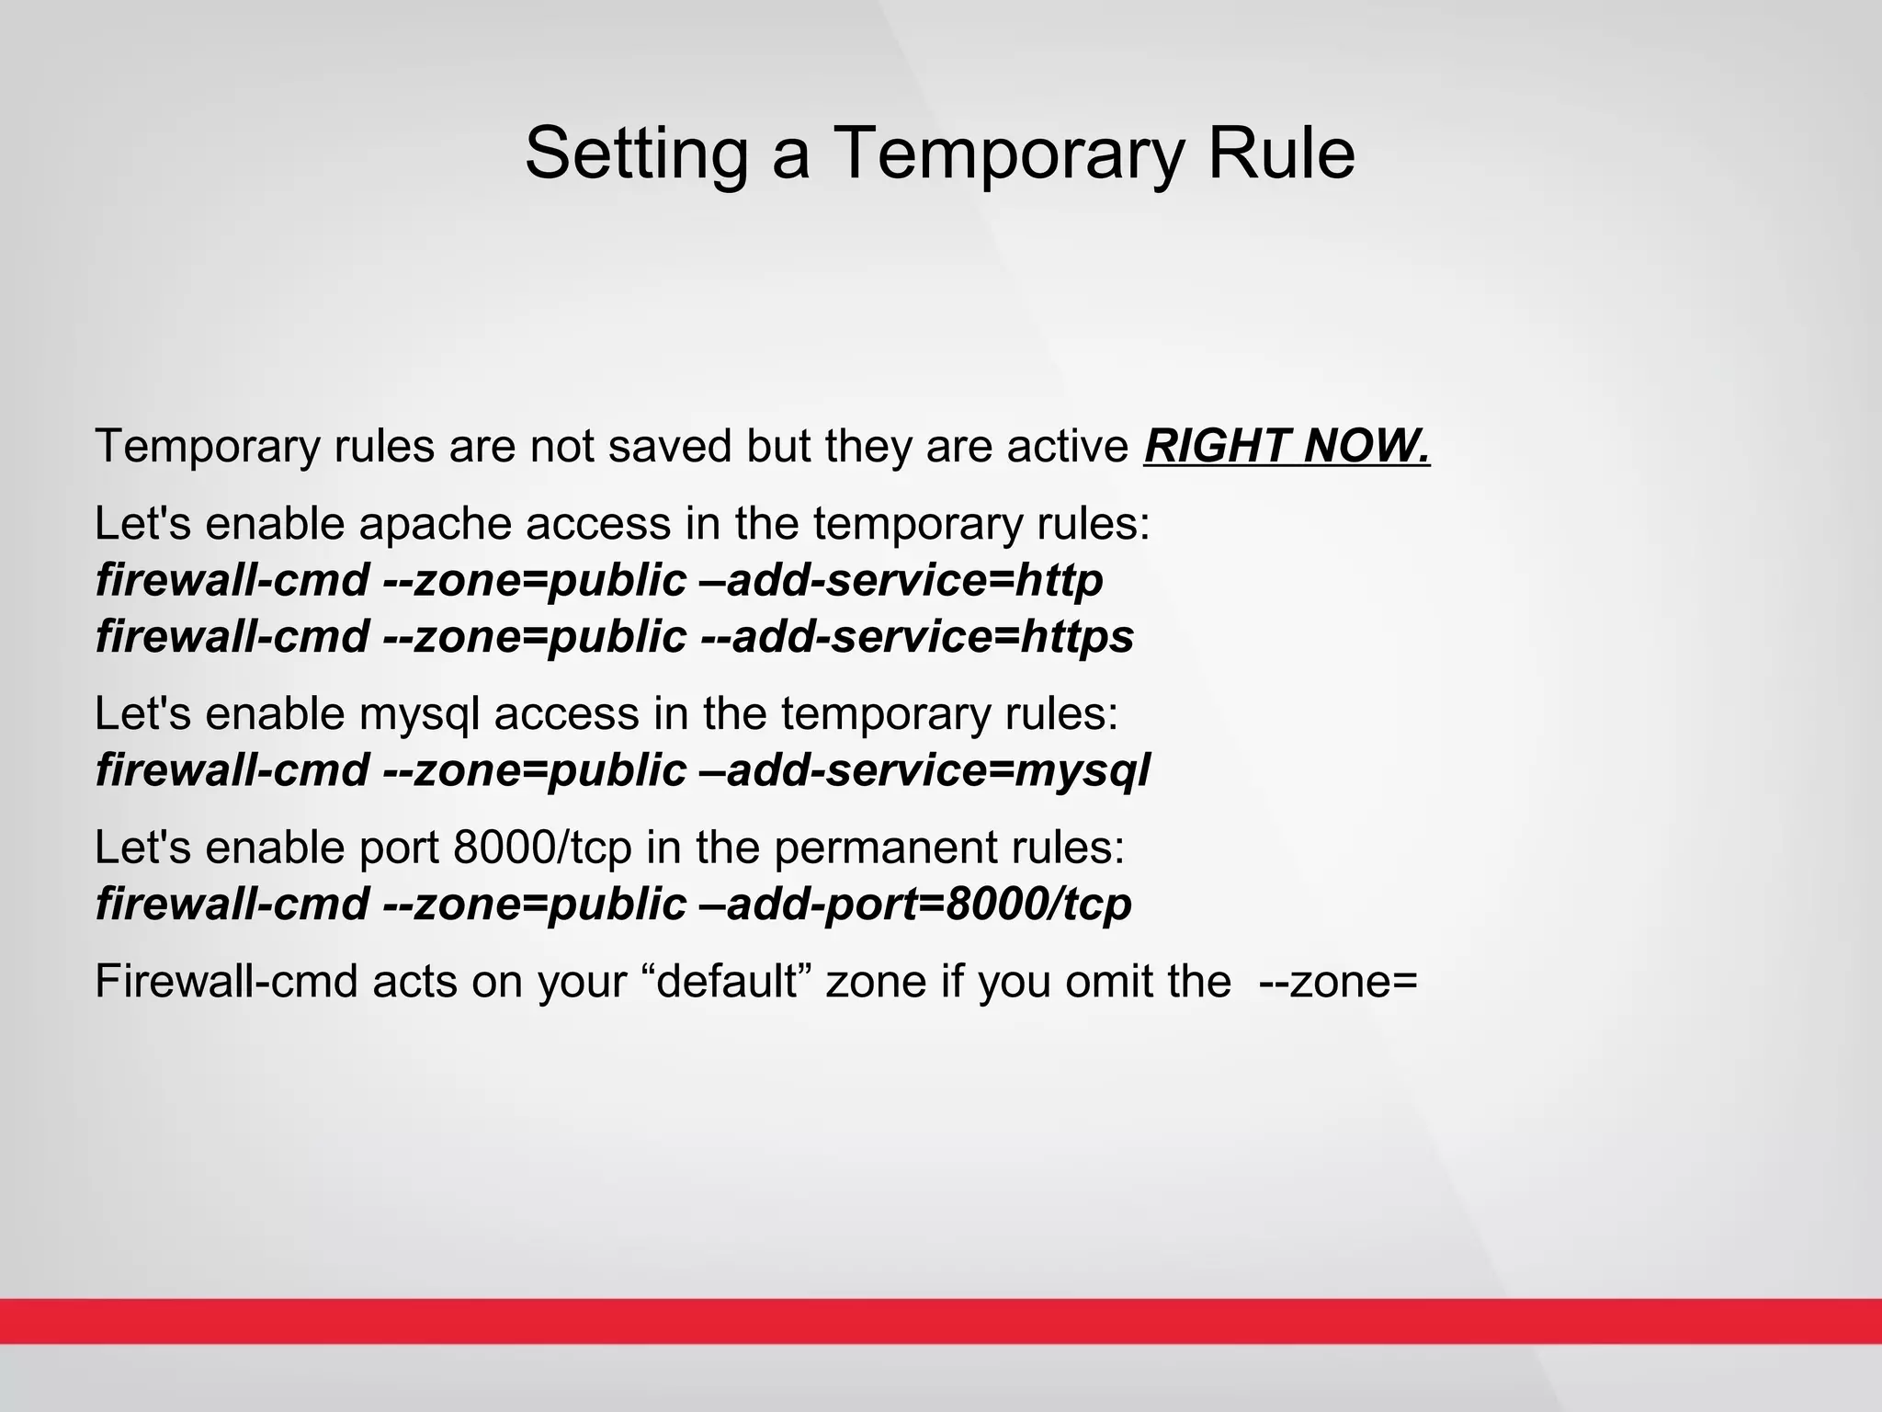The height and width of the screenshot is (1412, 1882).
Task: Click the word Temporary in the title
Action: [1006, 154]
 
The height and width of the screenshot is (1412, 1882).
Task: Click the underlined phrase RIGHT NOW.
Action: [1287, 447]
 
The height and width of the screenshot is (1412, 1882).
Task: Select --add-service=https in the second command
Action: [916, 637]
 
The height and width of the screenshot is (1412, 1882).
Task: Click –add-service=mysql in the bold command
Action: [924, 770]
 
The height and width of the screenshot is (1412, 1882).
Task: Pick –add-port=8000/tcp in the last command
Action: [914, 905]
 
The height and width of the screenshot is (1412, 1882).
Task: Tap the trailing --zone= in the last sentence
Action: [1338, 981]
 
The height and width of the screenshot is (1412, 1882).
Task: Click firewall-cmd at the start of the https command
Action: [232, 637]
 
